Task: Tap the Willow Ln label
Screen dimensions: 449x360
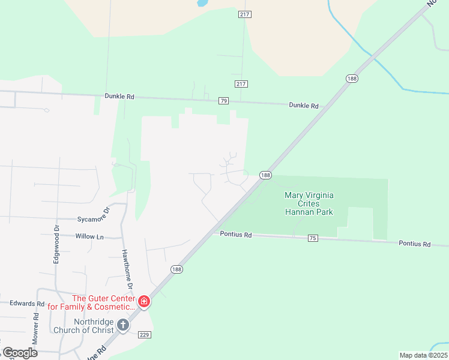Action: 89,236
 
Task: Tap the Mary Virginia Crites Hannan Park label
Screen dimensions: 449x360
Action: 309,203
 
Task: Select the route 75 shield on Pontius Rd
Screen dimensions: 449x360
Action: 312,238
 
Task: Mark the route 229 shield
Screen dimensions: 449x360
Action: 143,334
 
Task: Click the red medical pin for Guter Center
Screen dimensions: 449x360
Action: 144,301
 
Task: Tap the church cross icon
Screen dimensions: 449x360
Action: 122,325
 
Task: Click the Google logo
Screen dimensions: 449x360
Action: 19,353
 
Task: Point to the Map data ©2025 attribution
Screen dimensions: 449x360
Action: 423,355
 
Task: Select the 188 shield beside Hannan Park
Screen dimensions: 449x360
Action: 266,175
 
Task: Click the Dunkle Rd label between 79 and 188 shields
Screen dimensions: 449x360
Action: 304,106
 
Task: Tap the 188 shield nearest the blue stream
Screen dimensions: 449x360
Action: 352,79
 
